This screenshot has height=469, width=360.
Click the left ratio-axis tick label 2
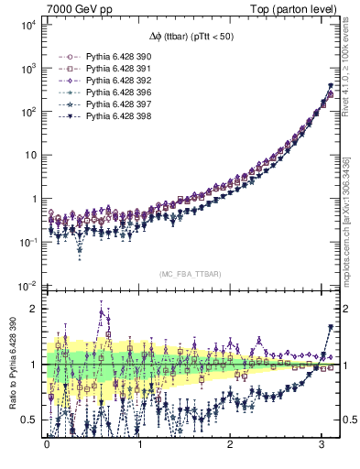click(x=35, y=308)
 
